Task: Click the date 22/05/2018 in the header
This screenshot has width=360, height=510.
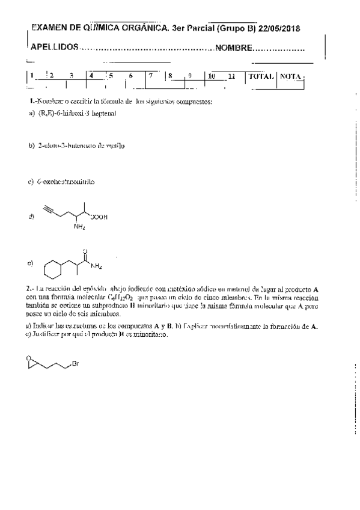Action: click(x=279, y=29)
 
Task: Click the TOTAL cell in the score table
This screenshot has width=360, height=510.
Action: click(x=261, y=76)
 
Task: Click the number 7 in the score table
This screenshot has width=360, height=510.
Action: click(x=151, y=76)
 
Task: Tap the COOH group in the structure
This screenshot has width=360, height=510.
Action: click(x=99, y=218)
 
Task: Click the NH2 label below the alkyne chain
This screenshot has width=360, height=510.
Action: click(x=80, y=227)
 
